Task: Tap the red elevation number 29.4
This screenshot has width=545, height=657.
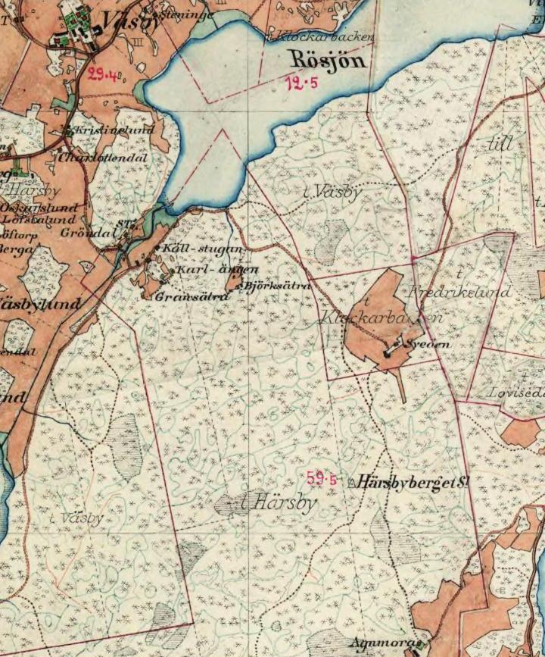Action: pos(102,74)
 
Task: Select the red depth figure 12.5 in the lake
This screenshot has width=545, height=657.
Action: pos(301,84)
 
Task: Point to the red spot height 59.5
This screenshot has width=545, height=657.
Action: pos(322,478)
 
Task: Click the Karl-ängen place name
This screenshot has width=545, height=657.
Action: pos(216,270)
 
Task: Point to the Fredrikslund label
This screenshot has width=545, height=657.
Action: pos(460,292)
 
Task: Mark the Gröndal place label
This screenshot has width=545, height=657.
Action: pos(87,233)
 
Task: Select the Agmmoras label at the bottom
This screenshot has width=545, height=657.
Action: pos(386,643)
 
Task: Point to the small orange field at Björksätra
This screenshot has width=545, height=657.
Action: pos(235,278)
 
